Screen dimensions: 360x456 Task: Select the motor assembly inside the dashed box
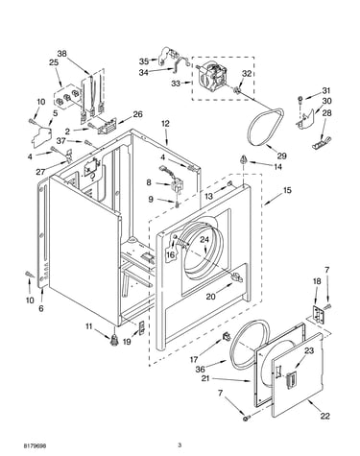(213, 77)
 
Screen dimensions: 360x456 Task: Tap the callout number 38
(61, 54)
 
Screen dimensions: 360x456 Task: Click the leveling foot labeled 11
(113, 340)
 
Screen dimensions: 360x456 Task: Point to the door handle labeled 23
(292, 380)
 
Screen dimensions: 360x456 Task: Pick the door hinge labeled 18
(319, 314)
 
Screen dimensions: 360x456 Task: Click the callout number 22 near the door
(324, 416)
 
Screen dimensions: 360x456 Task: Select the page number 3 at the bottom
(180, 444)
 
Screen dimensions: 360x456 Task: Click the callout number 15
(287, 190)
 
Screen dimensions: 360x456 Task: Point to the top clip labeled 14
(244, 159)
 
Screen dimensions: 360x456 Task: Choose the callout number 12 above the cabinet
(165, 124)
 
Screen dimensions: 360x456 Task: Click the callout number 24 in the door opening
(204, 240)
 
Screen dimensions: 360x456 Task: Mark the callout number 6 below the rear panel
(41, 308)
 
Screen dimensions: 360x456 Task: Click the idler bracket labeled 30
(305, 119)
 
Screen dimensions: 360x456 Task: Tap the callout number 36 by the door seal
(200, 369)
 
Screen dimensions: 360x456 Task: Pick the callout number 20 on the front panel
(210, 297)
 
